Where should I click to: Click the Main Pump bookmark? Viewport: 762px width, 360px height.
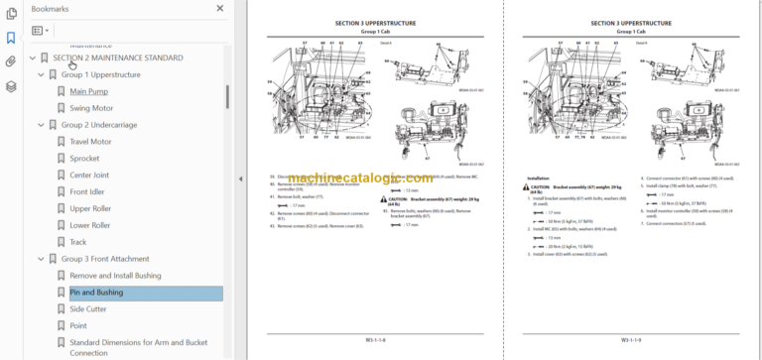[x=88, y=91]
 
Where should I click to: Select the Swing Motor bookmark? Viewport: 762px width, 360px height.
[x=91, y=108]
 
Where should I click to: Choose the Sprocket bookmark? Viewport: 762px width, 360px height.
[x=84, y=159]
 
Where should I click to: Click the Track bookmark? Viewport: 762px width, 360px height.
[x=78, y=242]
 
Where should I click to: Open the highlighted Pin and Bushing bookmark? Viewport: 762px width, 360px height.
[x=96, y=293]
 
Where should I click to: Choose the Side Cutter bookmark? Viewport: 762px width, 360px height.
[x=88, y=309]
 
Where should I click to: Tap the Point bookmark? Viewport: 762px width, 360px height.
[x=78, y=326]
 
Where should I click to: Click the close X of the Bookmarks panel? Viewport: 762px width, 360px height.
[x=220, y=8]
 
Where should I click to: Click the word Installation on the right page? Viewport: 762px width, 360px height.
[x=538, y=180]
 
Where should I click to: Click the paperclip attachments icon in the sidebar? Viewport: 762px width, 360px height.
[x=11, y=61]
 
